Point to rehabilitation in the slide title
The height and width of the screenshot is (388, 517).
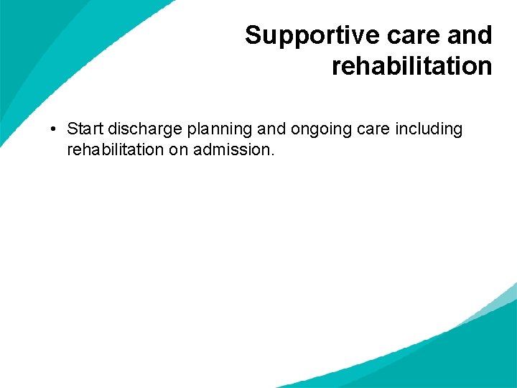click(x=411, y=66)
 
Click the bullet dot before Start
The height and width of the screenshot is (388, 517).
click(x=54, y=130)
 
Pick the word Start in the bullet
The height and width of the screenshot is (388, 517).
click(x=85, y=129)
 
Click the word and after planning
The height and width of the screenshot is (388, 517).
click(x=271, y=129)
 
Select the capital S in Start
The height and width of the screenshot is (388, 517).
click(x=72, y=129)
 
